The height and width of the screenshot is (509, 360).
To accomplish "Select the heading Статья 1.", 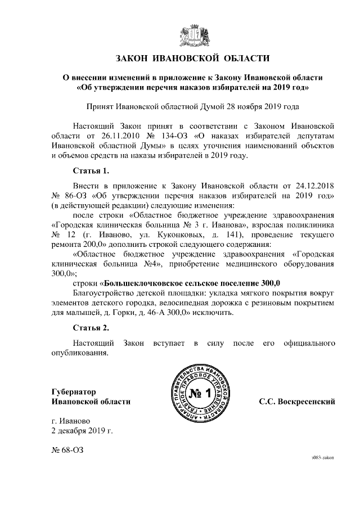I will (91, 170).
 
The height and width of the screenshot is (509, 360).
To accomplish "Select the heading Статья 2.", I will (91, 328).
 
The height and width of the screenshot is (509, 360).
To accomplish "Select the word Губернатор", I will (74, 391).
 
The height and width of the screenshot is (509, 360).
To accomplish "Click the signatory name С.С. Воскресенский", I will (297, 402).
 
